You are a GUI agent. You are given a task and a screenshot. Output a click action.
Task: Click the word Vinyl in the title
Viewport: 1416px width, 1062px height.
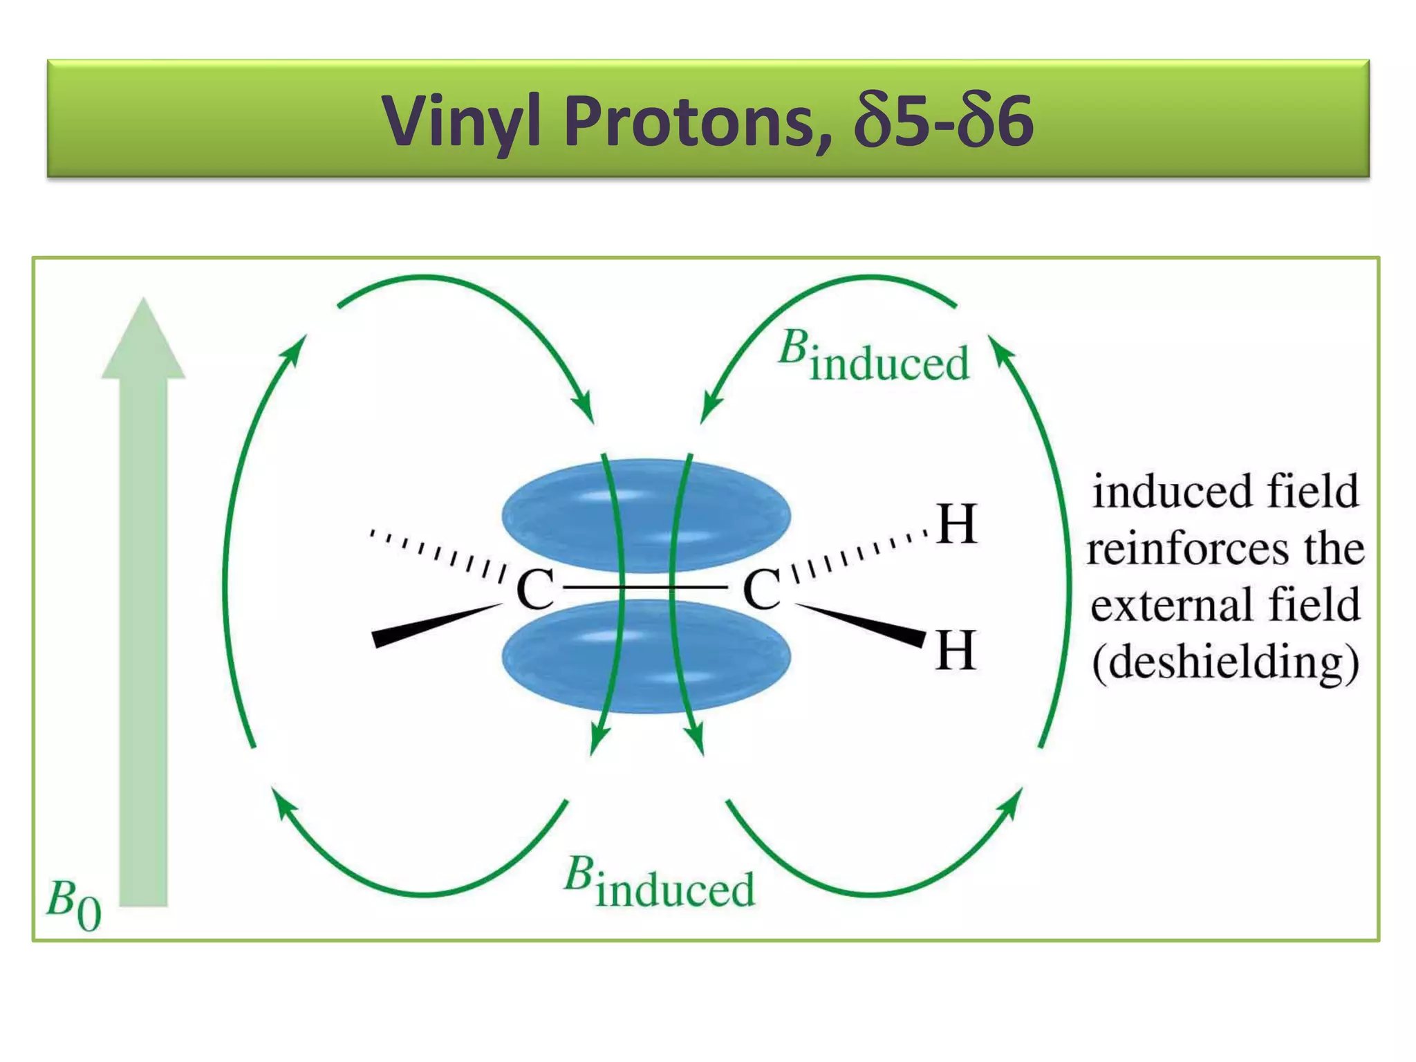coord(461,122)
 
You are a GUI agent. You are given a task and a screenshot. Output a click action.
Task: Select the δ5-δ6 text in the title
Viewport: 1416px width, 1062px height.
coord(944,122)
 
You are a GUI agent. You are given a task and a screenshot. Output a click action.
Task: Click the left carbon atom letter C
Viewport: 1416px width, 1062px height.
coord(534,590)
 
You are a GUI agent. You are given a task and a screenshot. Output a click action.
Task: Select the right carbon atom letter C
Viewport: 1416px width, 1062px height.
coord(761,590)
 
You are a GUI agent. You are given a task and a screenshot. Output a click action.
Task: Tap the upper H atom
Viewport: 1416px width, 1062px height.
coord(957,524)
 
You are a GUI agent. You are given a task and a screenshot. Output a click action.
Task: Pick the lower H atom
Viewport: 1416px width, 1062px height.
coord(956,651)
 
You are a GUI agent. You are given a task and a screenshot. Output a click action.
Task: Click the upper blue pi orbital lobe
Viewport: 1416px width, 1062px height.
coord(646,515)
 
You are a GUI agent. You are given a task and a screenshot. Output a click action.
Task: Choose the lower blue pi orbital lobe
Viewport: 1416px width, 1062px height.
coord(646,657)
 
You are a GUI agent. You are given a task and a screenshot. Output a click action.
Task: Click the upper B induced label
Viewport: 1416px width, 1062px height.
coord(874,357)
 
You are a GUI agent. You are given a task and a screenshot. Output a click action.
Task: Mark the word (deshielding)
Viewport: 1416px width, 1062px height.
coord(1225,662)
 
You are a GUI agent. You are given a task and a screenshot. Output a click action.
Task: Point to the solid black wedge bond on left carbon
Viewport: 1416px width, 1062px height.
coord(436,625)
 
